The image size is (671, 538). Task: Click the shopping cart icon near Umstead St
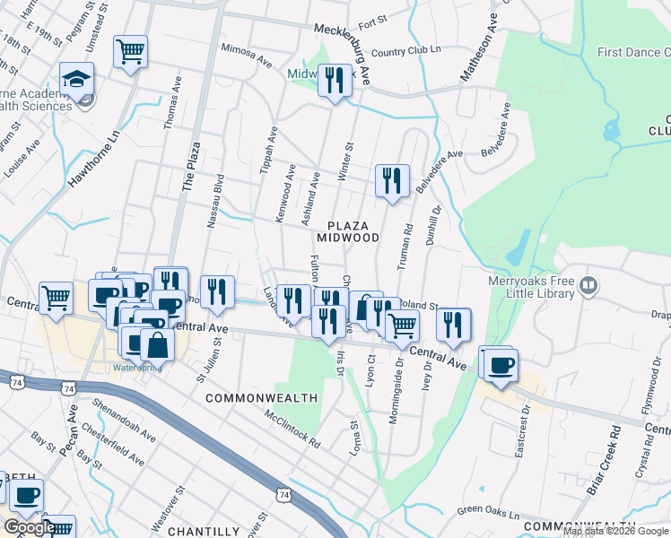click(131, 51)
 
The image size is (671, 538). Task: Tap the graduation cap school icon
click(77, 79)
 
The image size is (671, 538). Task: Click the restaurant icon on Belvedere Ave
click(392, 179)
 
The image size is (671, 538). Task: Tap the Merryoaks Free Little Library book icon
click(588, 286)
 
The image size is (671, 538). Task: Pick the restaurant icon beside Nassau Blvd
click(218, 291)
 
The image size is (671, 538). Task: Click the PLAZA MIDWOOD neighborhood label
click(347, 230)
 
